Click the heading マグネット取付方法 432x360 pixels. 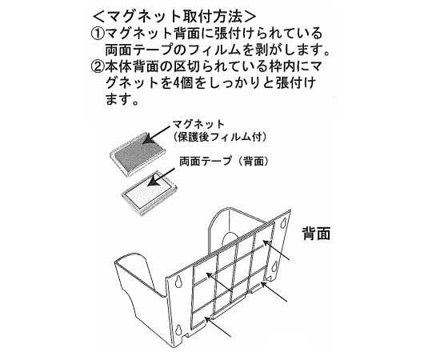pyautogui.click(x=174, y=17)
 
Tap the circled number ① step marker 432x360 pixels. pyautogui.click(x=98, y=34)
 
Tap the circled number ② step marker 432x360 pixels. pyautogui.click(x=98, y=67)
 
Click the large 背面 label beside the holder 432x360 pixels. pyautogui.click(x=316, y=234)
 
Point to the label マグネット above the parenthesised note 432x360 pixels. pyautogui.click(x=198, y=125)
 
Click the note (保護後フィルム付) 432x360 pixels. pyautogui.click(x=221, y=137)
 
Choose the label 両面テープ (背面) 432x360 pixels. pyautogui.click(x=224, y=161)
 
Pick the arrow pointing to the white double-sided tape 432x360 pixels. pyautogui.click(x=161, y=178)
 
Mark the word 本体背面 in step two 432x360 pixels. pyautogui.click(x=133, y=67)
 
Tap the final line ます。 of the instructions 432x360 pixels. pyautogui.click(x=122, y=99)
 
